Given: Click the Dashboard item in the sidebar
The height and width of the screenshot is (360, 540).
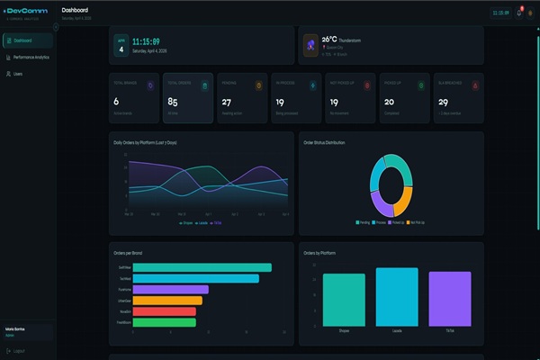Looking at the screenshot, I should [x=23, y=40].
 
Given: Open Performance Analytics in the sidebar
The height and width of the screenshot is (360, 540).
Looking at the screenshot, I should [x=31, y=57].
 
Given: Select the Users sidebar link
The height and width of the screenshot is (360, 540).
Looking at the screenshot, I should [x=18, y=73].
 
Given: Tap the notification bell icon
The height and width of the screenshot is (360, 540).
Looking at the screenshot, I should [x=518, y=13].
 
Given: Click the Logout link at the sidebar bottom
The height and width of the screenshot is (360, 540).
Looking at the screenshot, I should [x=21, y=350].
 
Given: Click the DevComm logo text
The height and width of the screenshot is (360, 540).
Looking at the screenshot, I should [x=26, y=11].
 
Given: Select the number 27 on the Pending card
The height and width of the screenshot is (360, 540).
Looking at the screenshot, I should [x=227, y=102].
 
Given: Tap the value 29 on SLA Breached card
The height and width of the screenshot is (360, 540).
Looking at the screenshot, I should [x=445, y=102].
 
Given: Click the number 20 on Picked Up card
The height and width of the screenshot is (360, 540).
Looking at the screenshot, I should [x=390, y=102].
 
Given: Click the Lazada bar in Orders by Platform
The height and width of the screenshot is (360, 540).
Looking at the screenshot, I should [x=397, y=297].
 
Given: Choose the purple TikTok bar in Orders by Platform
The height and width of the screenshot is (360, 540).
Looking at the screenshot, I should [x=450, y=299].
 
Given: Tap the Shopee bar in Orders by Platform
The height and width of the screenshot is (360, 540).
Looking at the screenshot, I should [x=344, y=300].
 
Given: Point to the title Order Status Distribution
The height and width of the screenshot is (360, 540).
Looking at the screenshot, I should [x=324, y=142].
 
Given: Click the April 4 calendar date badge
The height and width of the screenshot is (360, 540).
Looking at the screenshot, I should [x=121, y=45].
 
